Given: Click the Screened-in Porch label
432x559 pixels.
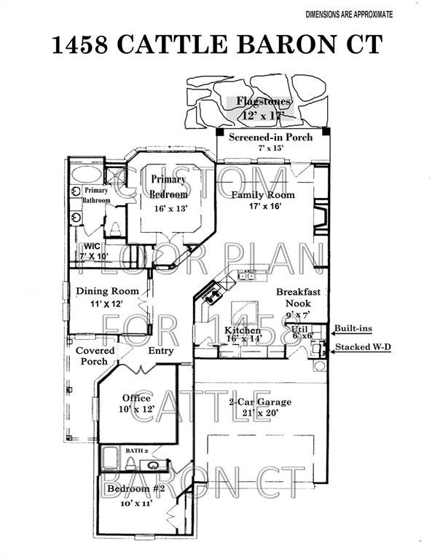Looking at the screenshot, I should [x=271, y=138].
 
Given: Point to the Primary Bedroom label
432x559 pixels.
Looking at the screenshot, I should [x=169, y=186].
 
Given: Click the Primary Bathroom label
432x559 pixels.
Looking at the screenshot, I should [x=96, y=195].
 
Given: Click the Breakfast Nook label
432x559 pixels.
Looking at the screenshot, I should [x=299, y=298].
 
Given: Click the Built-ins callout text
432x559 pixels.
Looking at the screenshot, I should [x=354, y=328].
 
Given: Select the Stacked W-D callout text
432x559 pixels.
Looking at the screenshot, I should [x=363, y=347].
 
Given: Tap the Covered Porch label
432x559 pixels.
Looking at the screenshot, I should [x=95, y=356].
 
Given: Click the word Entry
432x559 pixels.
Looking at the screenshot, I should [x=161, y=351].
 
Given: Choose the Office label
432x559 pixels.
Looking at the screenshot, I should [x=136, y=398].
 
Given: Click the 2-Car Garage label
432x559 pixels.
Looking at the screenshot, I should [x=260, y=402].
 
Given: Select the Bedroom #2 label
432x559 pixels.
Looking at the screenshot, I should [x=136, y=488].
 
